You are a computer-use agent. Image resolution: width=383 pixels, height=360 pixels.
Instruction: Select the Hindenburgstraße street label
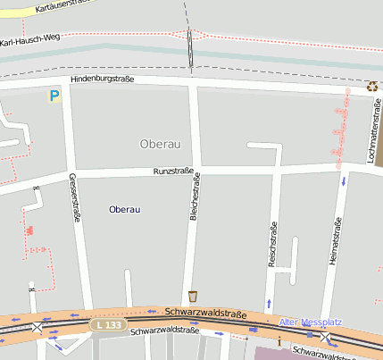coord(102,80)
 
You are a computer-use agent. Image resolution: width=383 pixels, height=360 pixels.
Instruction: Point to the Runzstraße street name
coord(173,170)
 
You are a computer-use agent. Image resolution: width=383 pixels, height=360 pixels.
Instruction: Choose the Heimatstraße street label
coord(337,240)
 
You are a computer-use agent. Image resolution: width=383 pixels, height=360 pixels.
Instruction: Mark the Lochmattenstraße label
coord(371,134)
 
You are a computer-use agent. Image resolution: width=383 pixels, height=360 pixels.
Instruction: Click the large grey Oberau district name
coord(161,144)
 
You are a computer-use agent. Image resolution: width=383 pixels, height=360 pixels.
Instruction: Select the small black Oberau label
coord(124,209)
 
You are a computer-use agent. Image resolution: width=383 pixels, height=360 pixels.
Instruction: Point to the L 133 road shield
coord(107,325)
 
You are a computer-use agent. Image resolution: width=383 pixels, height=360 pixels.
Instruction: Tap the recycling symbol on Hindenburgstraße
coord(371,87)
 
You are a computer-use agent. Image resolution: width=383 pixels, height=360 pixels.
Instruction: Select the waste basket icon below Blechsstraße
coord(193,296)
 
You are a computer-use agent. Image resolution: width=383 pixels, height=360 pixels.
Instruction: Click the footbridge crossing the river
coord(190,49)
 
